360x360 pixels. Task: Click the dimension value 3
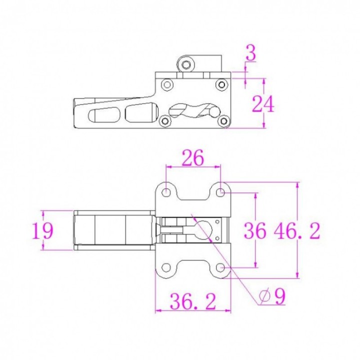point(251,53)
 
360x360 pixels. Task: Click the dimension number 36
point(255,231)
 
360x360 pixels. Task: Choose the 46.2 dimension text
point(296,231)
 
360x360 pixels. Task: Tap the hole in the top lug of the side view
point(186,64)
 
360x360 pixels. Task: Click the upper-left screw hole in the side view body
point(167,84)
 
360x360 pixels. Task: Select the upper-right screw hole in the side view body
point(220,84)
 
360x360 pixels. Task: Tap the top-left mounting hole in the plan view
point(166,191)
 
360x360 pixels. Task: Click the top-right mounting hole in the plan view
point(220,191)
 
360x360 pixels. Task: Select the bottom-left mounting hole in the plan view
point(166,267)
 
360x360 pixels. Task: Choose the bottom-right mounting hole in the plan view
point(220,267)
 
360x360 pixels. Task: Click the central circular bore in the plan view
point(207,229)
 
